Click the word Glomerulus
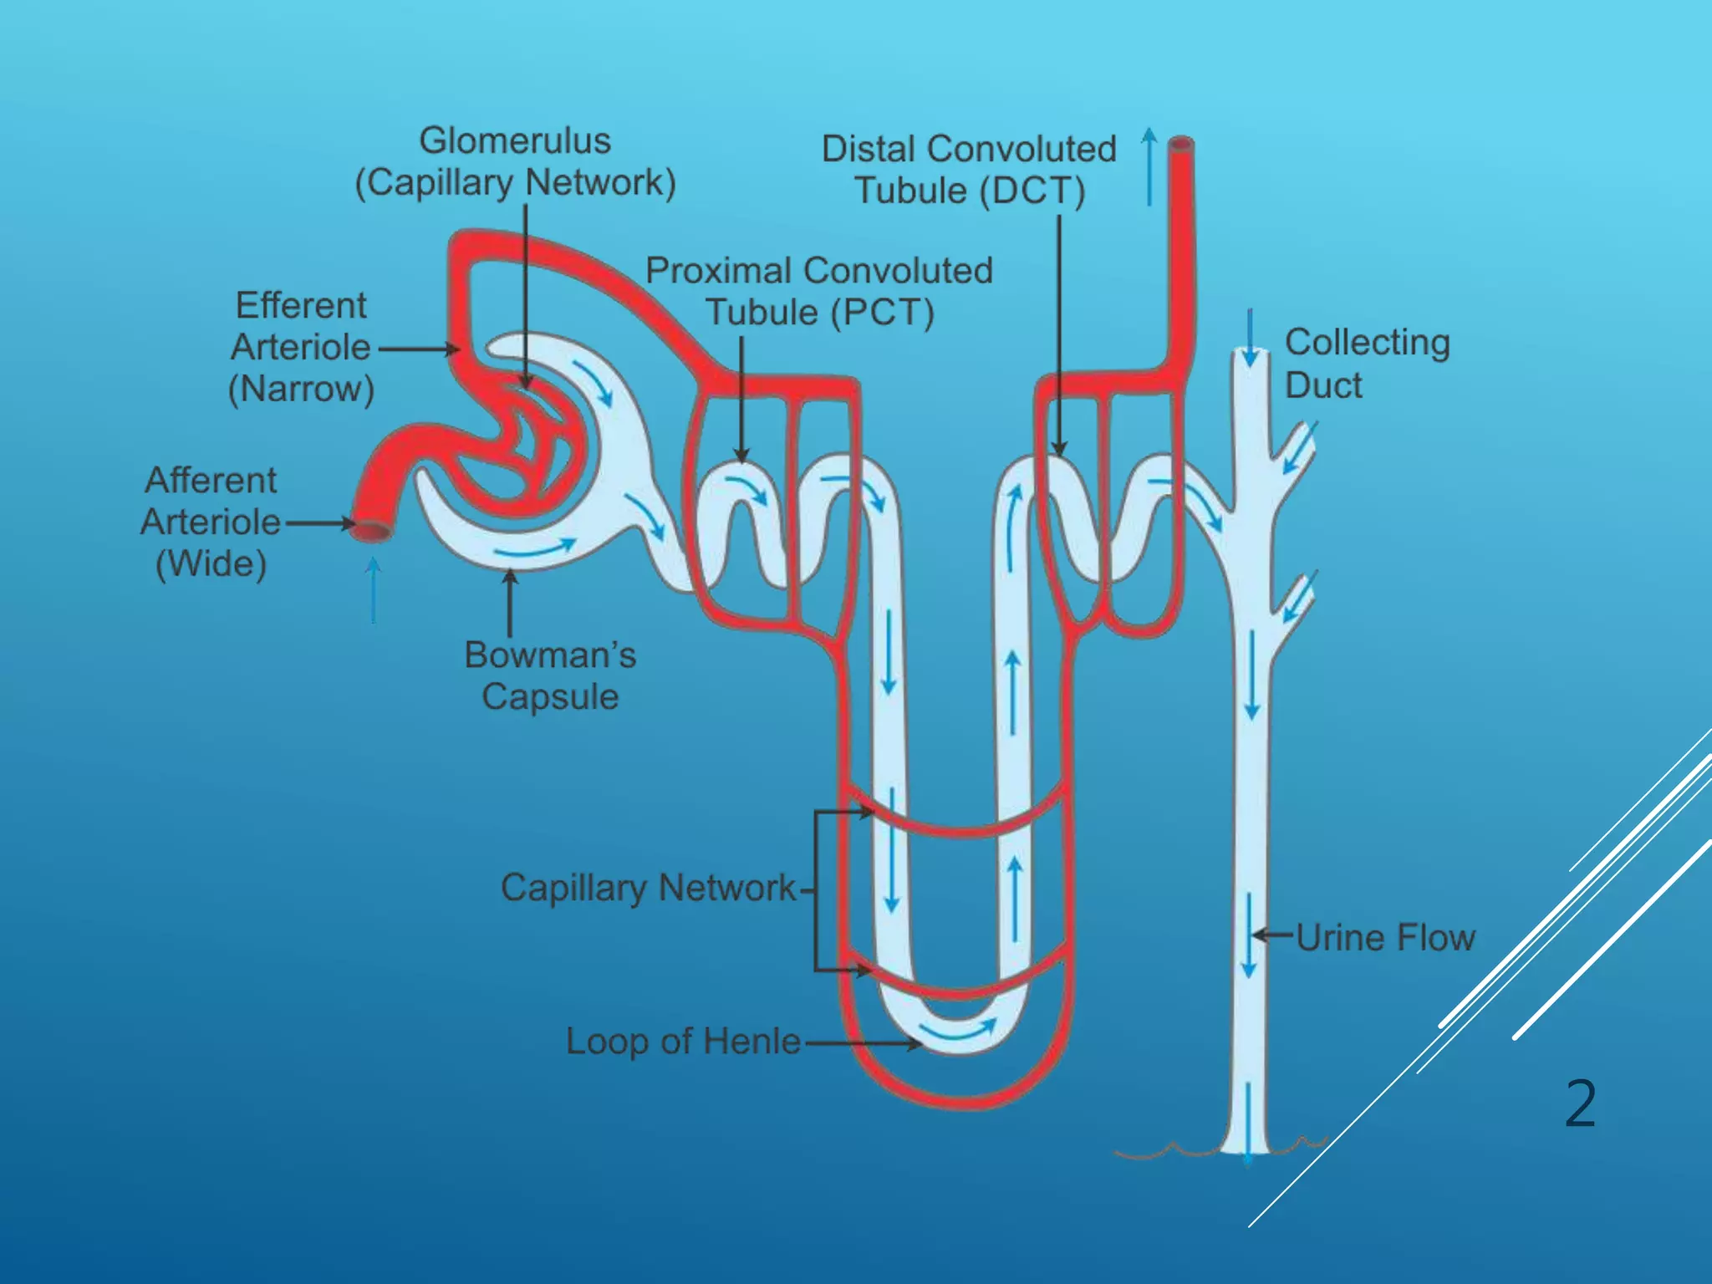(x=515, y=140)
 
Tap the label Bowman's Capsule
(x=550, y=675)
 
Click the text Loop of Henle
(x=683, y=1042)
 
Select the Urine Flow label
(x=1385, y=938)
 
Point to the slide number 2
(x=1580, y=1104)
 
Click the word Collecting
(x=1367, y=343)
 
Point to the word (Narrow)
(x=301, y=389)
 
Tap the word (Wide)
(x=211, y=563)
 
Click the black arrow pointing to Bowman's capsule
(x=510, y=602)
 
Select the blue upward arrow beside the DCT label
(x=1149, y=167)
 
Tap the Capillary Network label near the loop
(x=648, y=888)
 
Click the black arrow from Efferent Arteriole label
(x=418, y=349)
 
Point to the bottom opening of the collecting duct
(x=1247, y=1152)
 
